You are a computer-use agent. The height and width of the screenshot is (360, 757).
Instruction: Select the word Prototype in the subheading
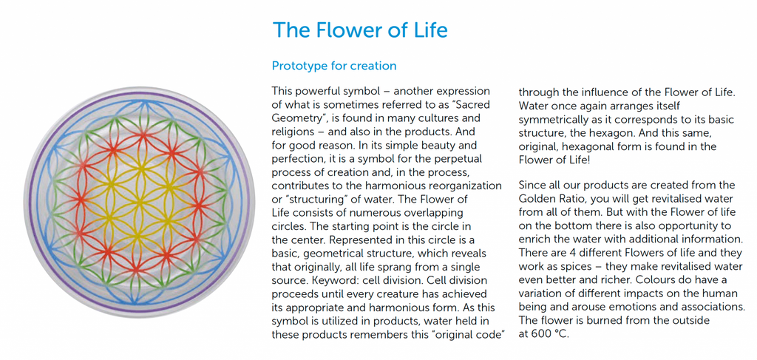click(296, 66)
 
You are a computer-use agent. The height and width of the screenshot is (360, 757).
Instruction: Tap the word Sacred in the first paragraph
click(472, 105)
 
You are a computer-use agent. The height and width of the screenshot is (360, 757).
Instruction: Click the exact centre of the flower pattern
click(138, 203)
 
